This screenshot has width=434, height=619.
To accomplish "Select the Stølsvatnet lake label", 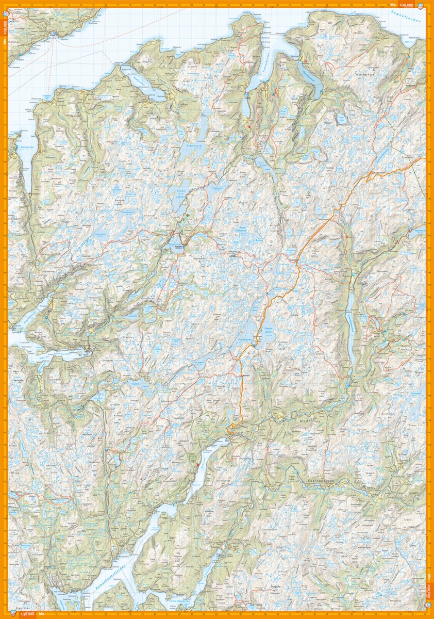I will (194, 146).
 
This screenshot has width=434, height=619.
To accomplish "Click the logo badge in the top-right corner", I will (421, 5).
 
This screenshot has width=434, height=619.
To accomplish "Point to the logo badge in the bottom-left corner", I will (13, 614).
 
